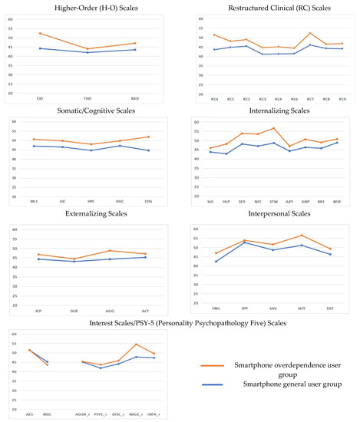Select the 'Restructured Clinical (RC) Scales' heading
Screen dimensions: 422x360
tap(270, 8)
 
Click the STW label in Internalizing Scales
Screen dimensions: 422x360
tap(273, 202)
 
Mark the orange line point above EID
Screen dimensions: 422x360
tap(40, 33)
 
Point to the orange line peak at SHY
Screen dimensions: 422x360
tap(302, 236)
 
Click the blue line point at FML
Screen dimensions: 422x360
tap(216, 262)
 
